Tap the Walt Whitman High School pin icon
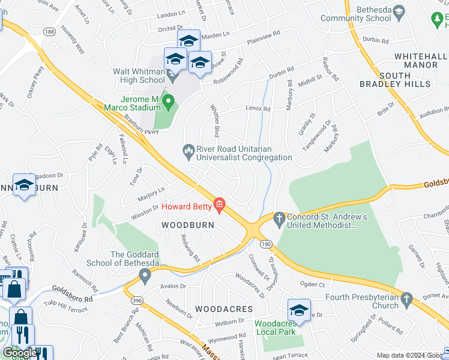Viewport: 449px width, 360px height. click(x=173, y=77)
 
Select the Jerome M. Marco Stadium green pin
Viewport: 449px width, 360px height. click(x=169, y=103)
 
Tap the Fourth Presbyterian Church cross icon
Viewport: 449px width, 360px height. click(x=407, y=298)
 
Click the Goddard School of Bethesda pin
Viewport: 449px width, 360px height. click(x=145, y=275)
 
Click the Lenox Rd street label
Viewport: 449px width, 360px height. click(x=258, y=109)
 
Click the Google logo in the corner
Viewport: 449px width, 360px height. click(x=20, y=353)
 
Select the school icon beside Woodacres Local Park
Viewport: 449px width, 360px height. click(x=298, y=310)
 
